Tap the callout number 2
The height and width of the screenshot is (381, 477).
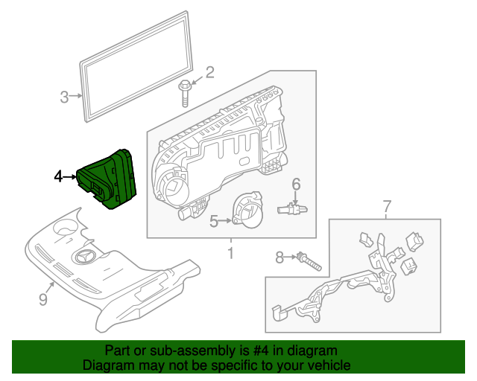209,72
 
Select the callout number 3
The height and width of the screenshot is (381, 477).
64,96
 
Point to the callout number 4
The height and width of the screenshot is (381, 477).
58,176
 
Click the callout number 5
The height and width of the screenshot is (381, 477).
213,221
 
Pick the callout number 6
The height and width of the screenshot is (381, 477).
295,184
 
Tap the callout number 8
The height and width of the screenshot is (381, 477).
279,257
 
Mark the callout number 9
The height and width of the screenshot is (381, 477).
42,299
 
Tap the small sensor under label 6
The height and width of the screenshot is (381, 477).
294,209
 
